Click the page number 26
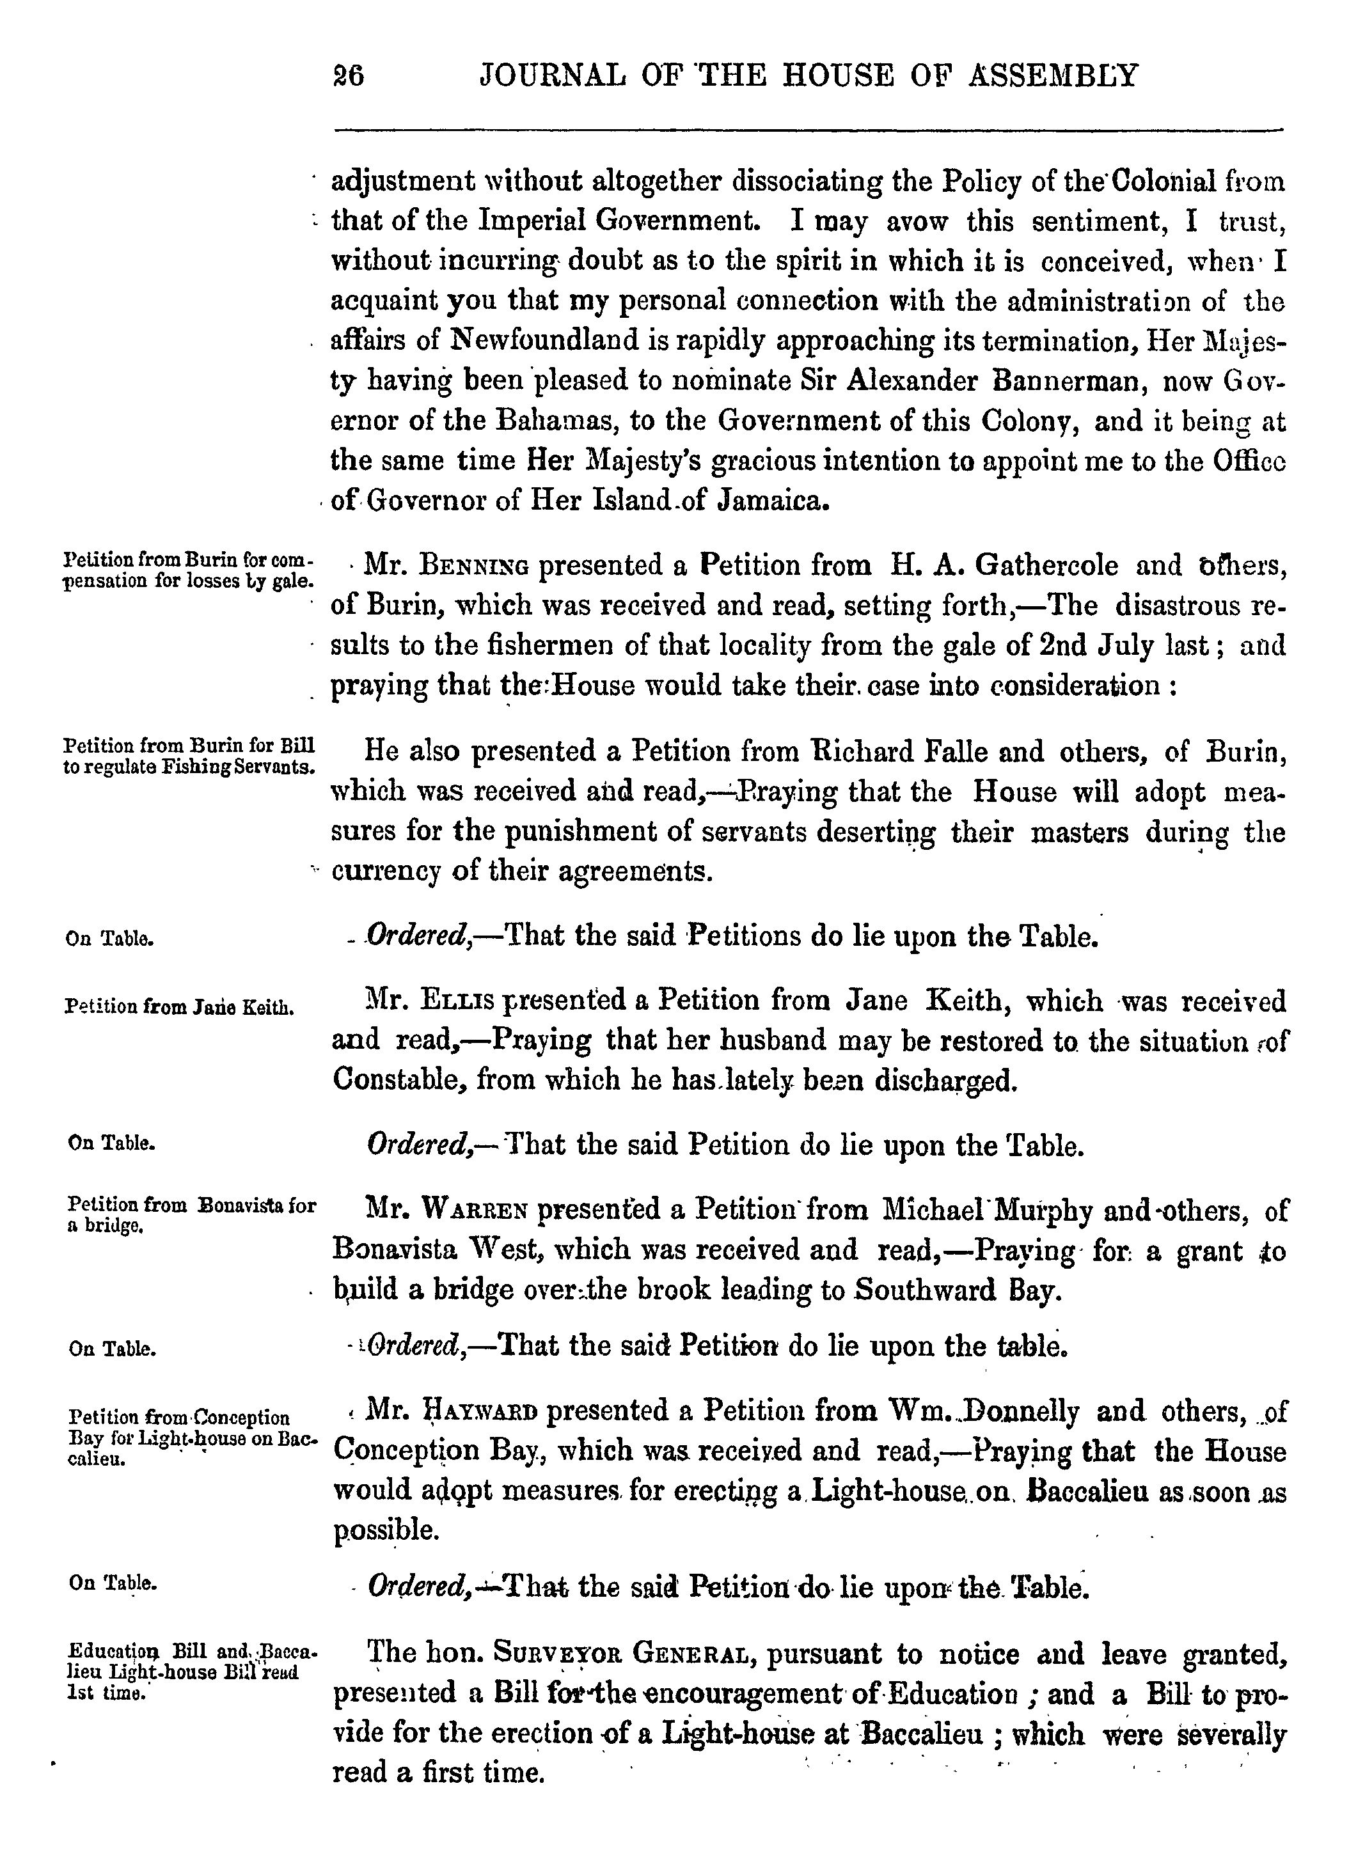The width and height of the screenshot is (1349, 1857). coord(348,76)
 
